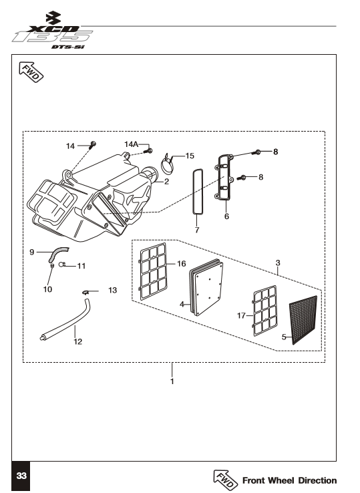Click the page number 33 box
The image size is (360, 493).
tap(21, 476)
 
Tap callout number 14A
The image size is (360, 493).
tap(131, 144)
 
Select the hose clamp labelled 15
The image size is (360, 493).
tap(168, 164)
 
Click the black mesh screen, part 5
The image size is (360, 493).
tap(303, 319)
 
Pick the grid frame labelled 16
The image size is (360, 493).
tap(153, 271)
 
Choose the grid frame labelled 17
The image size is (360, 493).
tap(265, 311)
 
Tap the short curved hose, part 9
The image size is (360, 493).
tap(59, 254)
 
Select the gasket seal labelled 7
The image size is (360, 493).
tap(198, 192)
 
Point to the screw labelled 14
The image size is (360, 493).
tap(93, 145)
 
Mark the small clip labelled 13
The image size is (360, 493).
tap(85, 293)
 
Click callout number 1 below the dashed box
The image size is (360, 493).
tap(172, 381)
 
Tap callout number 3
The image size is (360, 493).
tap(278, 263)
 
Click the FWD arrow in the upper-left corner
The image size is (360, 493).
tap(31, 72)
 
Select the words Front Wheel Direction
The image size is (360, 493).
tap(290, 480)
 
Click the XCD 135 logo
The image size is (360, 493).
tap(53, 31)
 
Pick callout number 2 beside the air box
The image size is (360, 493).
tap(166, 182)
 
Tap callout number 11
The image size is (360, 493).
tap(81, 266)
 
